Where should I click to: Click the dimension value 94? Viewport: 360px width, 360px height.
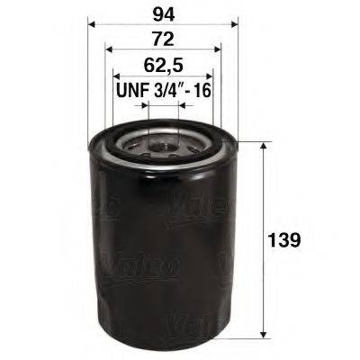pyautogui.click(x=162, y=14)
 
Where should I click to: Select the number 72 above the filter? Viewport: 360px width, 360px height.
pyautogui.click(x=162, y=40)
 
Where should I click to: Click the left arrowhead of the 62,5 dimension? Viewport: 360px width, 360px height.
pyautogui.click(x=116, y=77)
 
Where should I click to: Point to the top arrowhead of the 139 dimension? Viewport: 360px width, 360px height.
pyautogui.click(x=263, y=147)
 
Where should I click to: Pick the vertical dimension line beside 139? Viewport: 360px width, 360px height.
pyautogui.click(x=263, y=198)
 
